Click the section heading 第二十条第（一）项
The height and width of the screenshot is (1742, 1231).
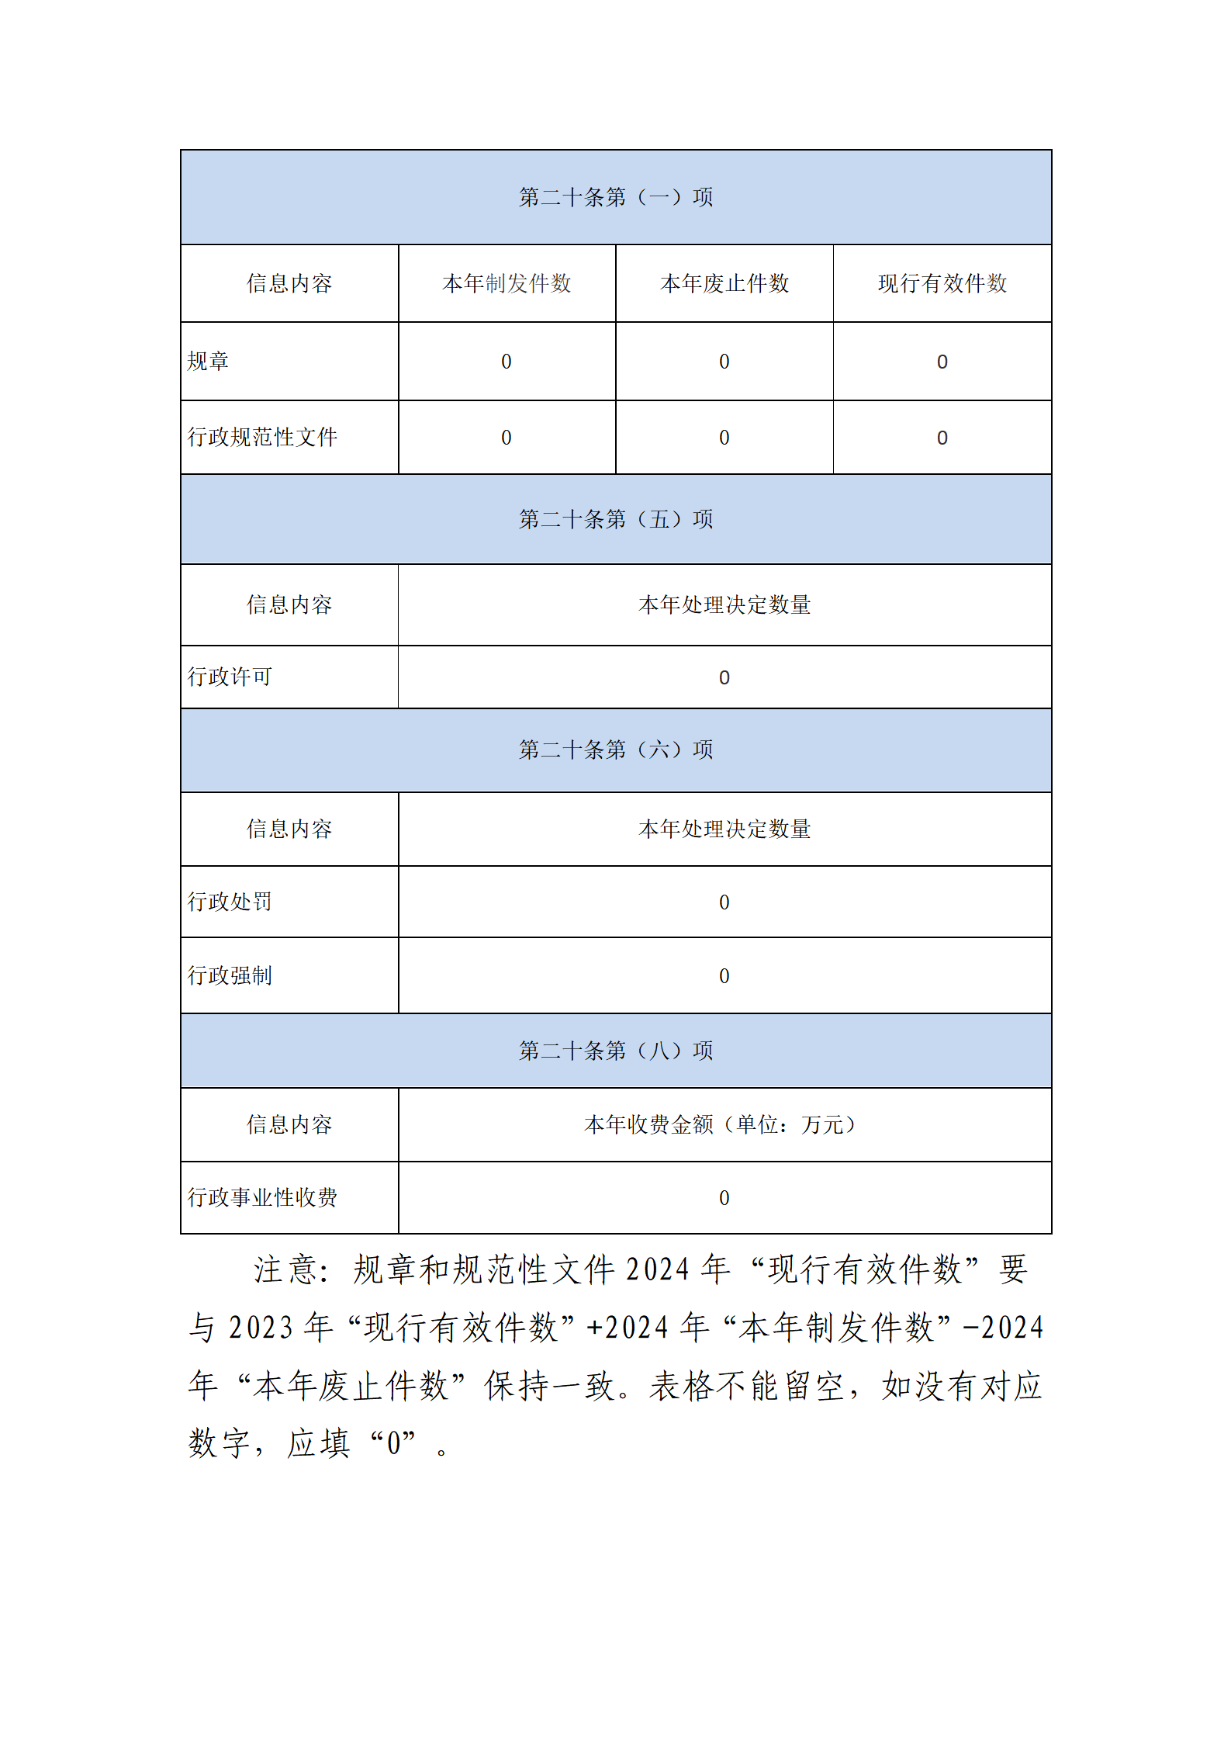(615, 197)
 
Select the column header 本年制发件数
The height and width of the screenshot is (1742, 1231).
(507, 283)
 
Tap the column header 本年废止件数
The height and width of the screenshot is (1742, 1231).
(724, 283)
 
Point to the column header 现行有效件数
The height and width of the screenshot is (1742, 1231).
(942, 283)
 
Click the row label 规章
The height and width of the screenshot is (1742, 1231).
(208, 362)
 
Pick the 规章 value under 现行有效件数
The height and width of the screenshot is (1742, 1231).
(942, 362)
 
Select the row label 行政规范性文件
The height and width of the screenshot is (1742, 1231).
(262, 437)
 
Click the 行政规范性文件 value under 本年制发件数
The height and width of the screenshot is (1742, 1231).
(507, 438)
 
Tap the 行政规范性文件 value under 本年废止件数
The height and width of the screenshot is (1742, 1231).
(724, 438)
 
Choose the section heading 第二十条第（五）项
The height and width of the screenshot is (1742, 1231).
(615, 519)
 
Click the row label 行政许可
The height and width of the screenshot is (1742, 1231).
(230, 677)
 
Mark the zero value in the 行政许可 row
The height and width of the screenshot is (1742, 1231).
(724, 677)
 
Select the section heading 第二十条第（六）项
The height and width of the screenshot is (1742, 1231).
(615, 750)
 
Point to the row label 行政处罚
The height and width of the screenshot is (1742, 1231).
(230, 902)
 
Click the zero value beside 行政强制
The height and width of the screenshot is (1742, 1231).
(724, 975)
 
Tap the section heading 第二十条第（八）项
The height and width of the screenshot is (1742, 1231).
(615, 1051)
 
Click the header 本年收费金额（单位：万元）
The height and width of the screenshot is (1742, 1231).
(721, 1124)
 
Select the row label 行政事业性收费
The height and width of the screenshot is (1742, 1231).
(262, 1197)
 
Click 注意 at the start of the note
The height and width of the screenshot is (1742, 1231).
(284, 1270)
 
